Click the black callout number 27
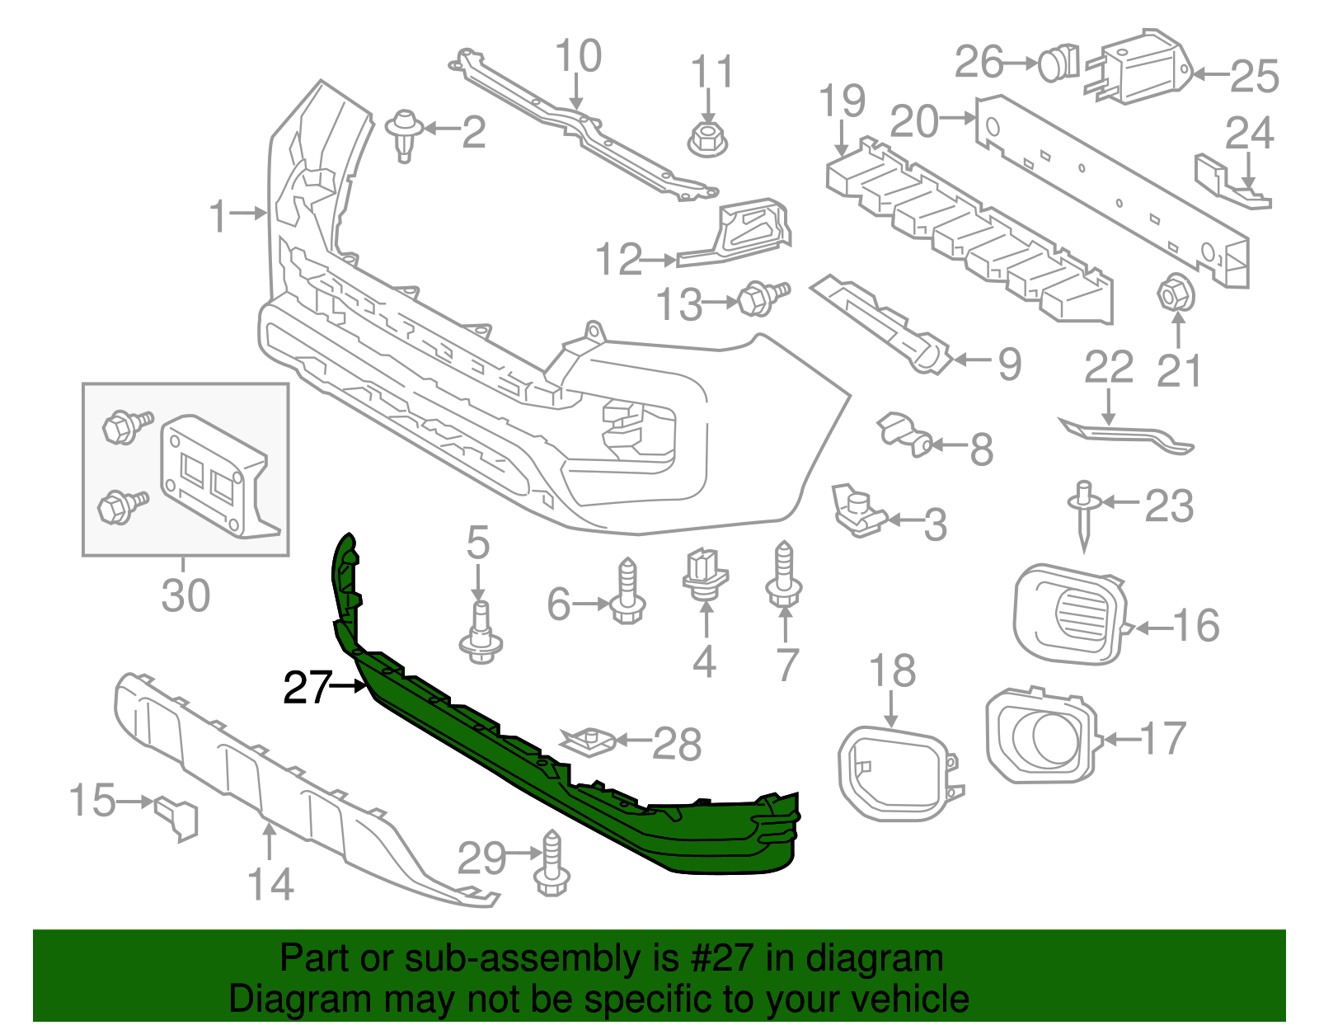point(307,687)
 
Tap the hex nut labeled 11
point(706,139)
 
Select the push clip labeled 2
point(404,134)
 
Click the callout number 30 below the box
point(185,595)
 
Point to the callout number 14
point(270,884)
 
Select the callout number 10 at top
point(578,56)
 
